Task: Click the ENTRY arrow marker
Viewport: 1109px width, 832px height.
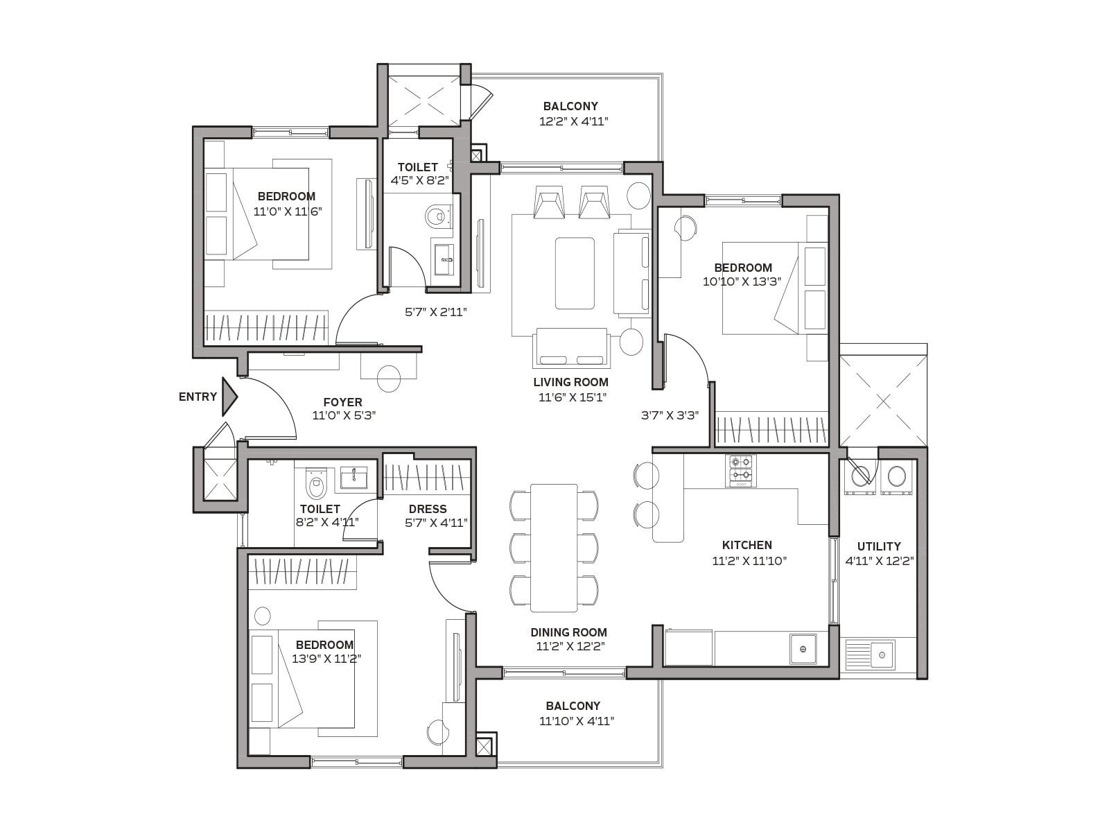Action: click(x=229, y=397)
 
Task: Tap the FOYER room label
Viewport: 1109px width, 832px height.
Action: click(x=342, y=402)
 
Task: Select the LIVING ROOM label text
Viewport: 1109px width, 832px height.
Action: click(x=571, y=383)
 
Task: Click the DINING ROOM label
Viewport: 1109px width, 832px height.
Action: click(x=569, y=632)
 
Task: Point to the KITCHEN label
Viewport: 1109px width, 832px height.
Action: click(x=746, y=545)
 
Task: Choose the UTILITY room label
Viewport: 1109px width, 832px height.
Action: click(x=879, y=546)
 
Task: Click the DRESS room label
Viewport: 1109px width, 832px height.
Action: click(x=428, y=509)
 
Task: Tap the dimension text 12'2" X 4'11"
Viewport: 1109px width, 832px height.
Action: click(x=573, y=121)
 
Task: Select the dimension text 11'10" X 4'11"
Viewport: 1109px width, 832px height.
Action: click(x=577, y=721)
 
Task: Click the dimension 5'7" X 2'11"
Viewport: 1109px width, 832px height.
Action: click(x=435, y=312)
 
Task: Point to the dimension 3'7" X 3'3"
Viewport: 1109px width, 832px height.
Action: click(x=670, y=415)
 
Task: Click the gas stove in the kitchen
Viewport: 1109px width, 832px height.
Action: click(x=741, y=471)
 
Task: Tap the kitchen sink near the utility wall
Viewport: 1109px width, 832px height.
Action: click(x=803, y=649)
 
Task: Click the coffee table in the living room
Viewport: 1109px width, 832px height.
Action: click(x=575, y=272)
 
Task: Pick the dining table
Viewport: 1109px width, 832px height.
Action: click(x=554, y=548)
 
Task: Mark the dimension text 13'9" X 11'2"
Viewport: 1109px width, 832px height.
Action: click(x=326, y=659)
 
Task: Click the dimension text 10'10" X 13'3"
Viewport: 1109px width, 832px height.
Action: click(x=742, y=281)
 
